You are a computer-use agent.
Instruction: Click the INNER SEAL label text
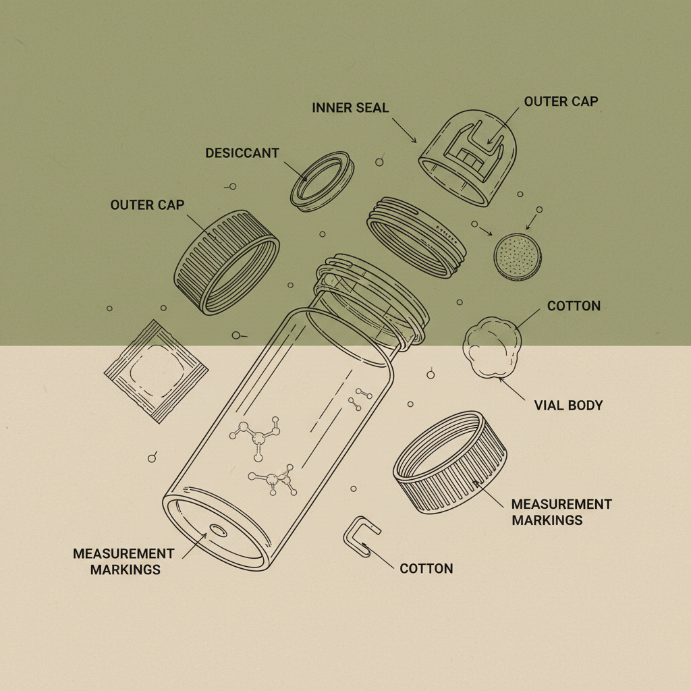pos(351,108)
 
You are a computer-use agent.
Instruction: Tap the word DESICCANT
pos(242,153)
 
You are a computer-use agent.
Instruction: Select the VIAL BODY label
pos(568,406)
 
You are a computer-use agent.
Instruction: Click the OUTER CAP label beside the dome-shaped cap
pos(561,102)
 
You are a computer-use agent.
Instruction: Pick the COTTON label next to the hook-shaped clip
pos(426,568)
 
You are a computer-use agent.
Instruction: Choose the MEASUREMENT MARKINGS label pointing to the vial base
pos(123,561)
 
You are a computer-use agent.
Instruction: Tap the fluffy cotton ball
pos(493,348)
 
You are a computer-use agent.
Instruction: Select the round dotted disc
pos(518,257)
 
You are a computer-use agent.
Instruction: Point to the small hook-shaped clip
pos(361,534)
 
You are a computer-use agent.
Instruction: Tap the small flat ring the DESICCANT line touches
pos(323,179)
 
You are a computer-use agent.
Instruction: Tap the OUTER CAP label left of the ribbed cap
pos(147,204)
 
